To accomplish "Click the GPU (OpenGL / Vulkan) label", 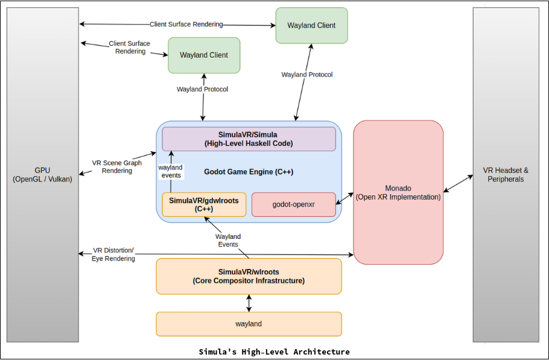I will pos(42,175).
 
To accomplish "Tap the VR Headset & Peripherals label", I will pos(506,175).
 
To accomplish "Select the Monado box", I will pos(398,192).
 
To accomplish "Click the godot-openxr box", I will pos(293,204).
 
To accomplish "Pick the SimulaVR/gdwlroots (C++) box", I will pos(204,204).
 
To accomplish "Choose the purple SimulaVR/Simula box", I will pos(249,139).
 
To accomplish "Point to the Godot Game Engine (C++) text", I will pos(249,172).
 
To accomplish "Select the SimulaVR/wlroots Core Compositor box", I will pos(249,276).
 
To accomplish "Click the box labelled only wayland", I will pos(249,324).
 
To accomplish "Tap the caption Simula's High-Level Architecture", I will pos(274,352).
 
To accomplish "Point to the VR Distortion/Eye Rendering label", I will pos(113,254).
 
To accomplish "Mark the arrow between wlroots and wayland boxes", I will pos(249,303).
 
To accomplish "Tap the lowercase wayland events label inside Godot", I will pos(170,171).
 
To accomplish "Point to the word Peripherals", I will pos(506,179).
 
